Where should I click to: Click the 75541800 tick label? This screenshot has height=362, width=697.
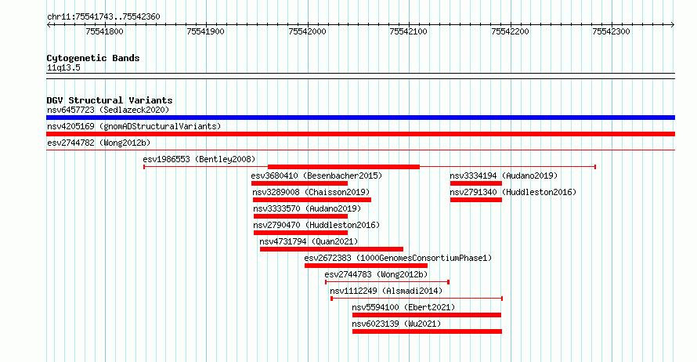click(x=104, y=31)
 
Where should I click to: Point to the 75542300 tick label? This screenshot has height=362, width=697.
click(x=611, y=31)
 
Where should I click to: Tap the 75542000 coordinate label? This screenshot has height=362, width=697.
click(x=307, y=31)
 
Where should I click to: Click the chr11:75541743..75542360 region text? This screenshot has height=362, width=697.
click(x=103, y=17)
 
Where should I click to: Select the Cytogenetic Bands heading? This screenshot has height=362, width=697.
click(x=93, y=58)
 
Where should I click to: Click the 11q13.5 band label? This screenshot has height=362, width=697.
click(x=63, y=67)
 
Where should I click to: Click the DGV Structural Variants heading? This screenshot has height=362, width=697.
click(x=110, y=100)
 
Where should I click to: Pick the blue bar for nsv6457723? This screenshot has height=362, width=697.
click(x=360, y=118)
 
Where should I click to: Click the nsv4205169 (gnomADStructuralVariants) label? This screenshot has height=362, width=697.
click(x=134, y=126)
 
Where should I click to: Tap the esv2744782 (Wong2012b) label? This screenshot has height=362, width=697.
click(x=99, y=143)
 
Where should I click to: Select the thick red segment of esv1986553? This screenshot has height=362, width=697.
click(x=344, y=167)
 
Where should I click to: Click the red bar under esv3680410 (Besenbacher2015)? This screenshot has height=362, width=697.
click(x=300, y=183)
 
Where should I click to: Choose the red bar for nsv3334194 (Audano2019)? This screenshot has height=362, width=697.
click(x=476, y=183)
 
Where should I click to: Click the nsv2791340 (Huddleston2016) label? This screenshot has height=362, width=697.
click(x=513, y=192)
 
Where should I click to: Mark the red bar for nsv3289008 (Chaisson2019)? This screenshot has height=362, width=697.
click(x=312, y=200)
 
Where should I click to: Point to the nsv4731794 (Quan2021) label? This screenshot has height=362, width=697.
click(x=309, y=241)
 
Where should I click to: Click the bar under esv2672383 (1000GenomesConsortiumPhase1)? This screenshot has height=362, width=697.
click(x=367, y=266)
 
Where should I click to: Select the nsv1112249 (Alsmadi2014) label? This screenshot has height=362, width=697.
click(x=386, y=291)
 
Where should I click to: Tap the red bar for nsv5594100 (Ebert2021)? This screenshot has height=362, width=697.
click(x=427, y=315)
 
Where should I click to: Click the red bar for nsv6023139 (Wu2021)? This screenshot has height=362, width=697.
click(x=427, y=331)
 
